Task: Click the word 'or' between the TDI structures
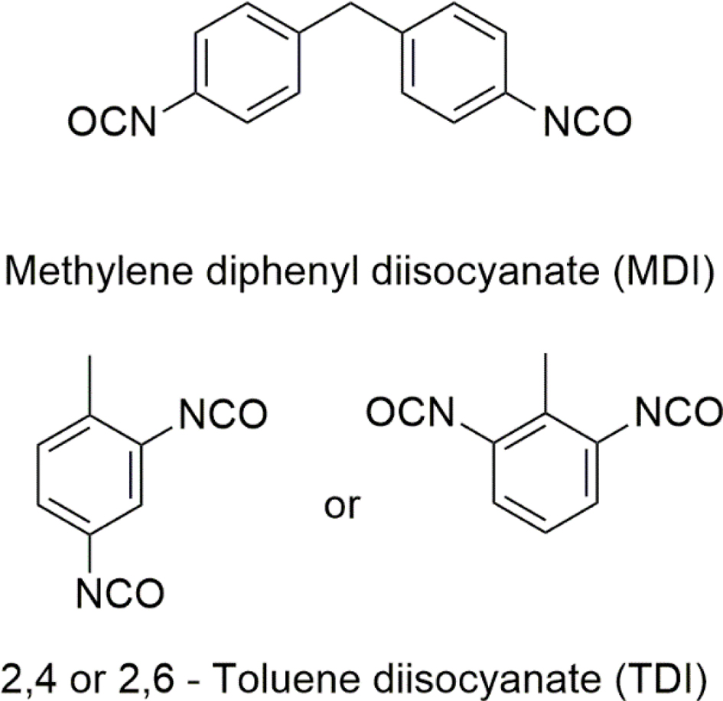341,506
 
